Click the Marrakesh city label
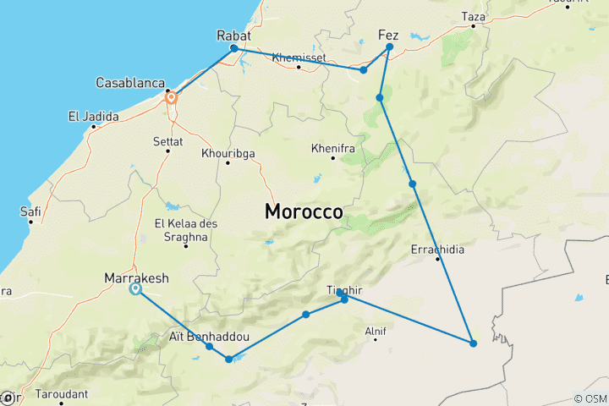pyautogui.click(x=136, y=277)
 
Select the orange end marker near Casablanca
pyautogui.click(x=171, y=97)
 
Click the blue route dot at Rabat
pyautogui.click(x=234, y=48)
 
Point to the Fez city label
pyautogui.click(x=387, y=36)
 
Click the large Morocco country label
pyautogui.click(x=304, y=211)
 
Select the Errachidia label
pyautogui.click(x=437, y=250)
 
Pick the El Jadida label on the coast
pyautogui.click(x=95, y=117)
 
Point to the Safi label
pyautogui.click(x=30, y=212)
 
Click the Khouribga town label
pyautogui.click(x=228, y=153)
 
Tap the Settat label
pyautogui.click(x=167, y=140)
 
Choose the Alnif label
pyautogui.click(x=375, y=331)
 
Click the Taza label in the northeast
pyautogui.click(x=474, y=16)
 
